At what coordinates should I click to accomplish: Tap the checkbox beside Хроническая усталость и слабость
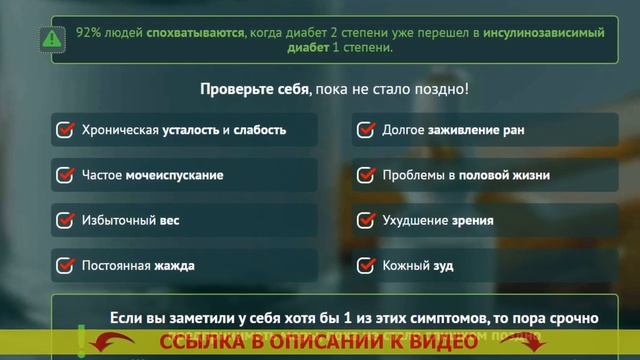point(66,130)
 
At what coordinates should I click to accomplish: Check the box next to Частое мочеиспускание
point(66,175)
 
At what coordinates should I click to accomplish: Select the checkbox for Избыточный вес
point(66,220)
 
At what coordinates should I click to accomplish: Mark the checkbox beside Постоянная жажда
point(66,265)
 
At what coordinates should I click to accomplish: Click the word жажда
point(175,266)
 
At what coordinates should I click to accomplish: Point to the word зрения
point(475,220)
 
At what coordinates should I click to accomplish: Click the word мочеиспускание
point(174,175)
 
